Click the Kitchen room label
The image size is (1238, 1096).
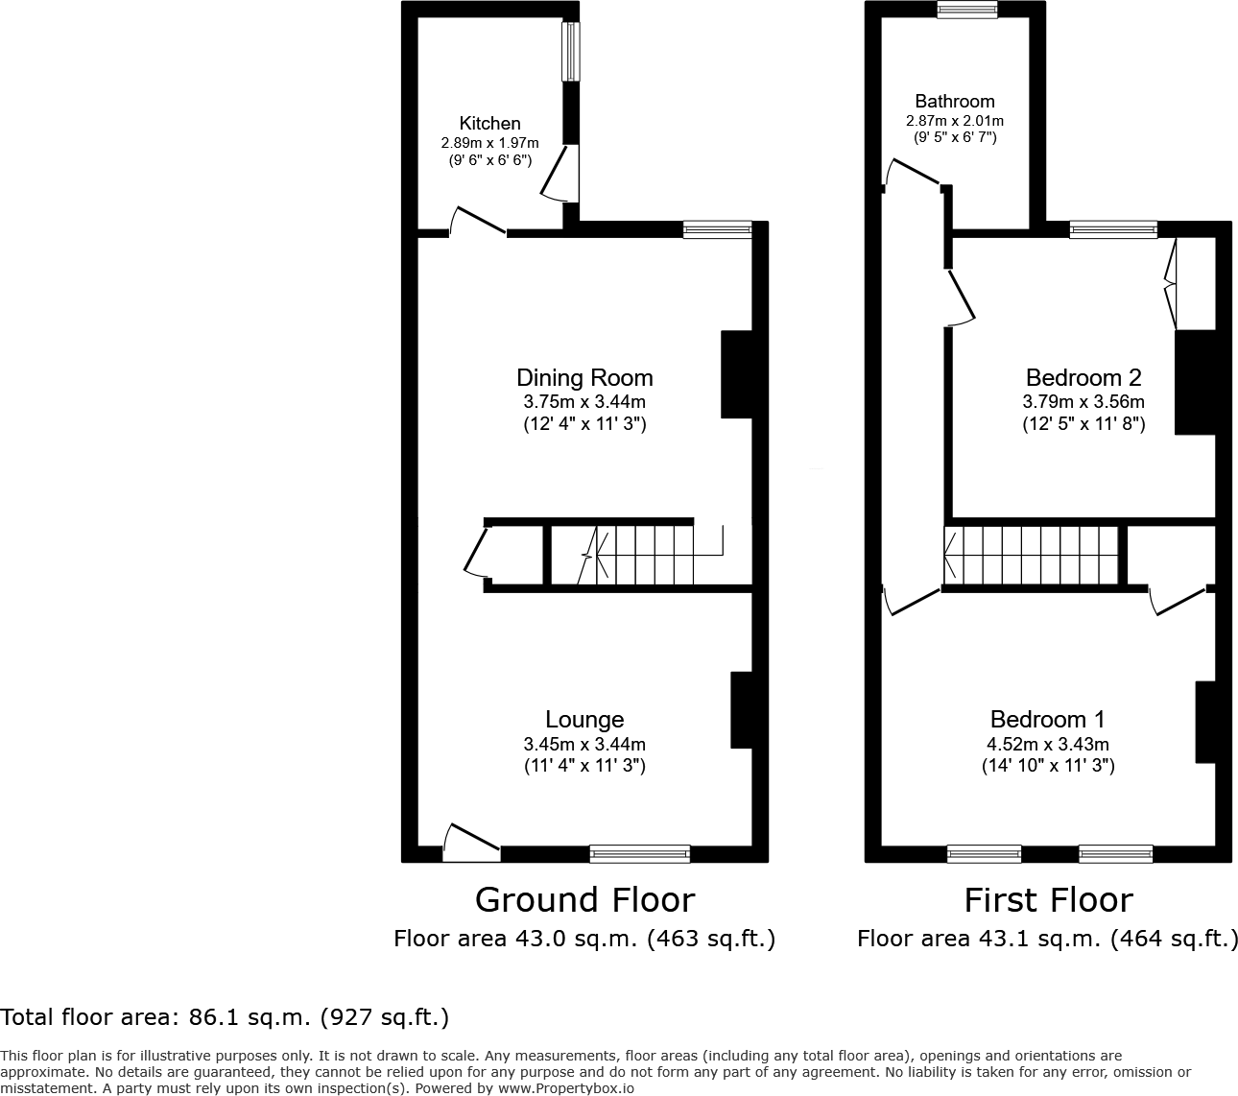click(489, 123)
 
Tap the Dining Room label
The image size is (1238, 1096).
click(584, 377)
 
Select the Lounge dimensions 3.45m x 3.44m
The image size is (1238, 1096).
click(584, 744)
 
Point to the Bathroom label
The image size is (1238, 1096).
click(954, 101)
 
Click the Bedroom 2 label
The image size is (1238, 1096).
click(1083, 377)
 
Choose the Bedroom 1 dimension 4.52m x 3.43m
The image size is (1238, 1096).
click(1048, 744)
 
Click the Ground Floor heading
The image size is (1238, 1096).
click(584, 900)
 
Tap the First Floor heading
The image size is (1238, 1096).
click(1048, 900)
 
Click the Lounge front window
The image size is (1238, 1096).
click(639, 853)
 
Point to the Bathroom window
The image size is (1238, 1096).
click(967, 11)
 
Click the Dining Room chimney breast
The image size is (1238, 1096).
click(736, 374)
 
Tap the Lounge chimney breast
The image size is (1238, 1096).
click(741, 709)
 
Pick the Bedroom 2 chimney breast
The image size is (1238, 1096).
click(1195, 382)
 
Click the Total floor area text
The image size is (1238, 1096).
click(225, 1016)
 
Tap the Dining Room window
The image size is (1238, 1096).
click(717, 229)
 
